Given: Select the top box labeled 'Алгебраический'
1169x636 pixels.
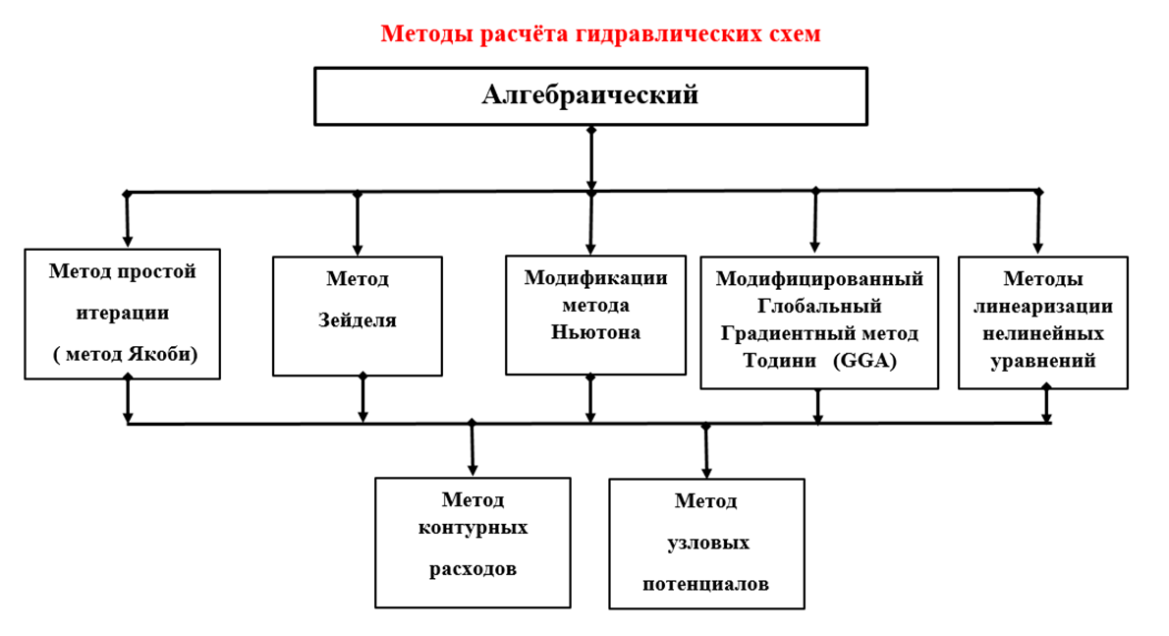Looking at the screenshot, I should [590, 96].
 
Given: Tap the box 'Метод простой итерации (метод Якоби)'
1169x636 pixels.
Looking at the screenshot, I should [123, 314].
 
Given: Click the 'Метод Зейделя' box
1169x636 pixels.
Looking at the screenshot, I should [357, 316].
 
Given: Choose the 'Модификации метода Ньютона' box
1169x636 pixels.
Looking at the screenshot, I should [595, 315].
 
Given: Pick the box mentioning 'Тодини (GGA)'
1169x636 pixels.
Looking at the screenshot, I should [818, 321].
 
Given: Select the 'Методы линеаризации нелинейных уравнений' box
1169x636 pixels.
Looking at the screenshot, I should [1042, 321].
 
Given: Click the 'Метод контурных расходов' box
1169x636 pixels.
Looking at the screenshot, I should [473, 542].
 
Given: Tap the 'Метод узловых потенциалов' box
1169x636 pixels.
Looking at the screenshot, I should [706, 542].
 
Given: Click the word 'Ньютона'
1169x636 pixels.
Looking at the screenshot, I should [595, 332].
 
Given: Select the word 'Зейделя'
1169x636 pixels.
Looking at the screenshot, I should [357, 320].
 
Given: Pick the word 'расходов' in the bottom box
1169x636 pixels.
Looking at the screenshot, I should [473, 569].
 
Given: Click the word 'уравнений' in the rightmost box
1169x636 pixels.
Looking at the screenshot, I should [1042, 361].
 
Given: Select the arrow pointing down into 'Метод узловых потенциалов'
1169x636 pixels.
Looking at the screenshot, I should [706, 451].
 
